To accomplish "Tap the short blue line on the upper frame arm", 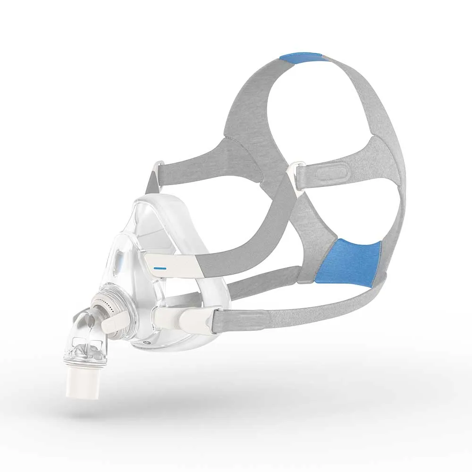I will pos(160,267).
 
